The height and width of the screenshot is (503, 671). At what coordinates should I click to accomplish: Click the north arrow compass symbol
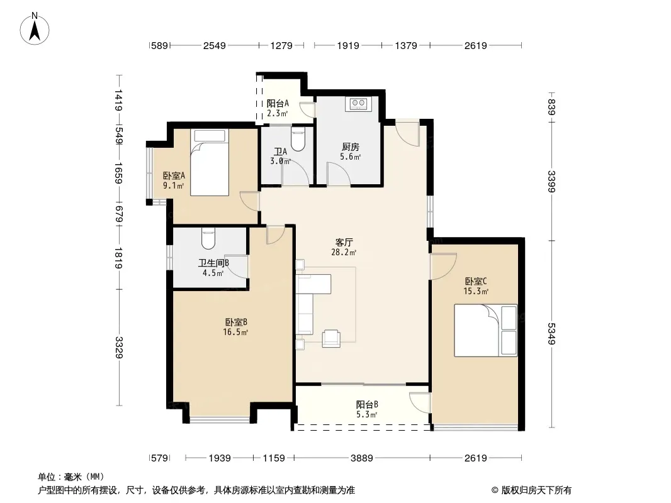(x=35, y=29)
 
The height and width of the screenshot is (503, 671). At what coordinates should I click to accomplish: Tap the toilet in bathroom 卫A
(x=298, y=138)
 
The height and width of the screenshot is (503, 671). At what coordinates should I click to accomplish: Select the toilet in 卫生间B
(x=208, y=238)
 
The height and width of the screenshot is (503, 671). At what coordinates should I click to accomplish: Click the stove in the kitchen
(x=358, y=103)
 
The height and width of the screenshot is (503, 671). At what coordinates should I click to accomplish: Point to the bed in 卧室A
(x=210, y=162)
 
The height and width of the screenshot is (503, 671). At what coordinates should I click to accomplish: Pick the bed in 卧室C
(x=486, y=330)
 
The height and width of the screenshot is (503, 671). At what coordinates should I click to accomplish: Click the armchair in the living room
(x=331, y=338)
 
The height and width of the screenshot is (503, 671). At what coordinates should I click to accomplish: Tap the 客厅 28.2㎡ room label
(x=344, y=247)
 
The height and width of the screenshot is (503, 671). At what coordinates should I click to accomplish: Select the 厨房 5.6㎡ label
(x=350, y=152)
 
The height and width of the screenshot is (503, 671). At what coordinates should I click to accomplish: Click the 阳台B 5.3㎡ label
(x=367, y=409)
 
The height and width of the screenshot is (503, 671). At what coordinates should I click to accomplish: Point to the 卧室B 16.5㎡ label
(x=236, y=327)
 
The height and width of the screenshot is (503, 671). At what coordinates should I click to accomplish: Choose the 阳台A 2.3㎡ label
(x=278, y=108)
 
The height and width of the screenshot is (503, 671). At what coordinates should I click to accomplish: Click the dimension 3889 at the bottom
(x=361, y=458)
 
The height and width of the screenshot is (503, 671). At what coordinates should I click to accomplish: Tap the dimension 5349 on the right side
(x=551, y=334)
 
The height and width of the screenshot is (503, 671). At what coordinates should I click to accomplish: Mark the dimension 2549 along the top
(x=215, y=45)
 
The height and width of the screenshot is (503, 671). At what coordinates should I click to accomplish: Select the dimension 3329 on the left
(x=119, y=348)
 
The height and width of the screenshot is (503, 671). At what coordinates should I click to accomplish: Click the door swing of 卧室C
(x=444, y=267)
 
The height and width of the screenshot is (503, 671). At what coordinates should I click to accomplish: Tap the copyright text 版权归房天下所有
(x=536, y=490)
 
